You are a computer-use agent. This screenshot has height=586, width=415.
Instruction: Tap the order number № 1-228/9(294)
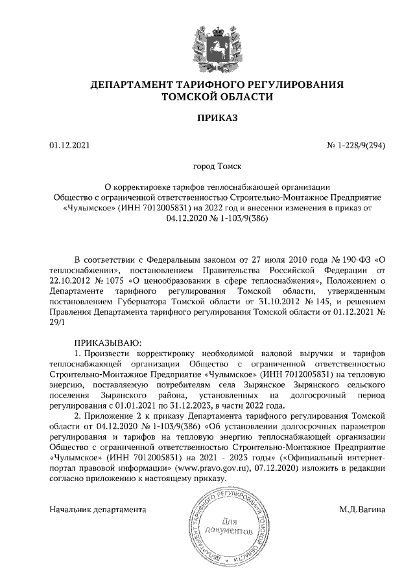coord(355,145)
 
